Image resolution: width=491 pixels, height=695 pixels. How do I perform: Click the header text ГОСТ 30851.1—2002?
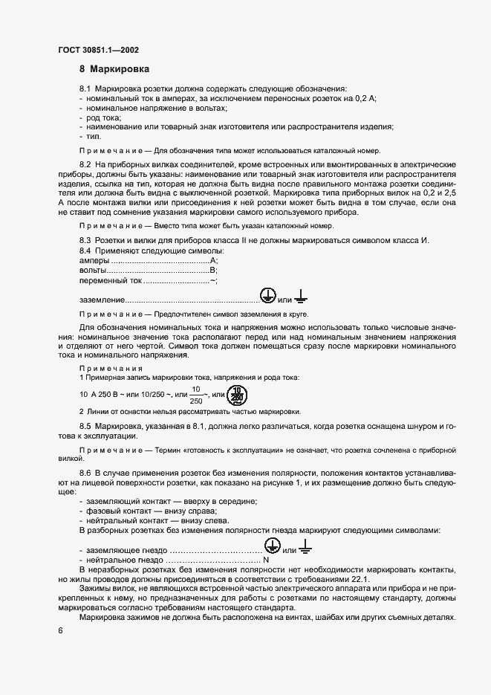coord(97,51)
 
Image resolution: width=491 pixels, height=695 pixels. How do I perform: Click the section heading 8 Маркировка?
coord(114,70)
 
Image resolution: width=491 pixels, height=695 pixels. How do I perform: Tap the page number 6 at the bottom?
coord(60,630)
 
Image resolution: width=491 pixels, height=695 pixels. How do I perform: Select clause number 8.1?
coord(85,89)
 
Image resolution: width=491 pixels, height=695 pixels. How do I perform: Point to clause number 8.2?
coord(85,163)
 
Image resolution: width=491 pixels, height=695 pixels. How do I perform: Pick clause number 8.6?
coord(85,473)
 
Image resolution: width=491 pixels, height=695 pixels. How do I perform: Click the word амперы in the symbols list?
coord(94,261)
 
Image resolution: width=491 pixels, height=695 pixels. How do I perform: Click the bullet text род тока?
coord(104,118)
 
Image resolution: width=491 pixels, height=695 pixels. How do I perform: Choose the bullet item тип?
coord(94,137)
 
